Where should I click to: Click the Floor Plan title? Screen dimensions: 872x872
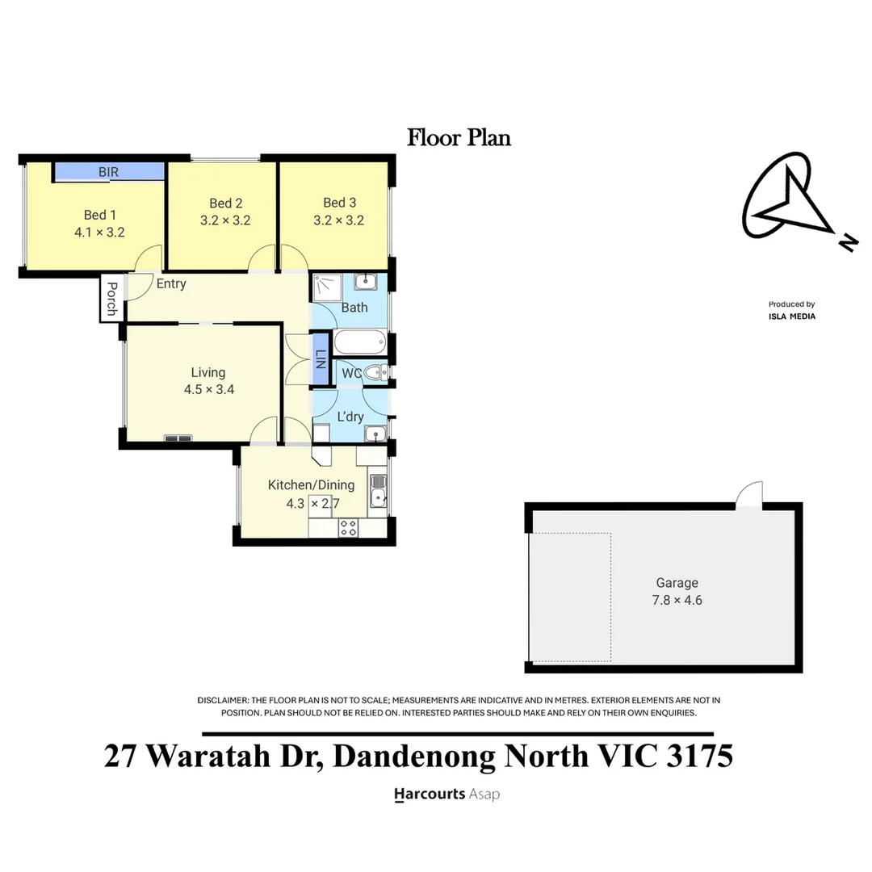[459, 138]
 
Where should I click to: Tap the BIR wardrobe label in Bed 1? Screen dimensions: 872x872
[108, 172]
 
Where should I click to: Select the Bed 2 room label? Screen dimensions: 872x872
[226, 203]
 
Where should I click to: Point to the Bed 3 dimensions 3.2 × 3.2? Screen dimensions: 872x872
[338, 220]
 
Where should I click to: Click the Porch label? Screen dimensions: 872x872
[111, 299]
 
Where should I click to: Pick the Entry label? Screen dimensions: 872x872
[171, 283]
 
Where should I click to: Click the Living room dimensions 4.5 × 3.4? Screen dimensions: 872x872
[209, 389]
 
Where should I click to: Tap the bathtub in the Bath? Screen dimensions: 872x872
[360, 342]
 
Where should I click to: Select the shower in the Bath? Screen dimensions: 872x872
[327, 287]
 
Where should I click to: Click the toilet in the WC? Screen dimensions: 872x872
[376, 372]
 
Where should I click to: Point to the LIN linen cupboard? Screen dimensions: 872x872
[321, 358]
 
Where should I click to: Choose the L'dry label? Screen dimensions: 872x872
[350, 417]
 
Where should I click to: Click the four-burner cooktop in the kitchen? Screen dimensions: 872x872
[348, 528]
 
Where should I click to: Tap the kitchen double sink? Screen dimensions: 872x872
[378, 491]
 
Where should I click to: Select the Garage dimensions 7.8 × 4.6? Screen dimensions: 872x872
[677, 600]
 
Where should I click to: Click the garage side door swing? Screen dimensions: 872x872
[748, 495]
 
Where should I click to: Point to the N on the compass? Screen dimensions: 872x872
[849, 243]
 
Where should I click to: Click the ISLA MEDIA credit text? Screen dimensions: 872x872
[792, 317]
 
